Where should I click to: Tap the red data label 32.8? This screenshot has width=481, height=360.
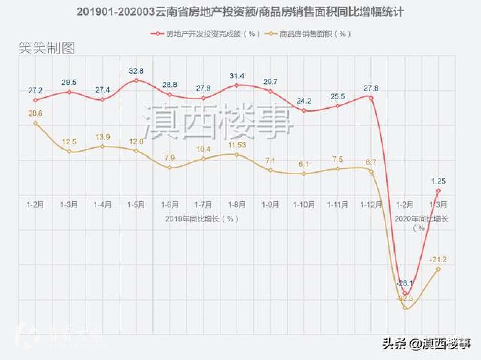[x=136, y=71]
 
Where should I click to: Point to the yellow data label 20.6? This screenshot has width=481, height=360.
[x=35, y=114]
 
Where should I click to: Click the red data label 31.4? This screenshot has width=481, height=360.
[x=237, y=76]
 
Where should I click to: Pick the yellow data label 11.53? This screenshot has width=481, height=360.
[x=237, y=145]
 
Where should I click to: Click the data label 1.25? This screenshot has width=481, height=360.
[x=438, y=181]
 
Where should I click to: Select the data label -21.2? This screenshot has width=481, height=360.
[x=438, y=259]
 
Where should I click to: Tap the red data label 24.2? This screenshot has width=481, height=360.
[x=304, y=101]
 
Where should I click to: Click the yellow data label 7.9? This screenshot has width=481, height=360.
[x=169, y=157]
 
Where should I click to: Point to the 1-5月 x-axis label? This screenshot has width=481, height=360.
[x=136, y=205]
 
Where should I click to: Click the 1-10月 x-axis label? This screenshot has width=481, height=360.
[x=304, y=205]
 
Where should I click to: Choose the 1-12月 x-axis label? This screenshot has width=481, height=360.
[x=371, y=205]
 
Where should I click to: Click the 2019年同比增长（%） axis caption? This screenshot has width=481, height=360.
[x=202, y=218]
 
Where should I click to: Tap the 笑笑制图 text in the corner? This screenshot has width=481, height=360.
[x=47, y=49]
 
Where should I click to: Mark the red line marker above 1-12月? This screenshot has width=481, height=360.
[x=371, y=97]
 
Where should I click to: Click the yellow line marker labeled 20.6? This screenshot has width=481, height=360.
[x=35, y=123]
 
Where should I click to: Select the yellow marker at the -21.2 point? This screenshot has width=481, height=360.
[x=438, y=269]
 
